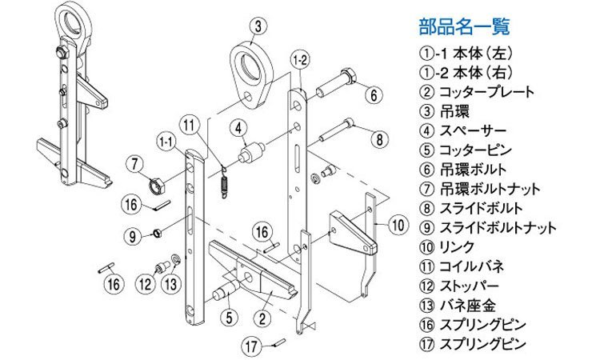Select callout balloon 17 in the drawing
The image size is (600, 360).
(x=254, y=346)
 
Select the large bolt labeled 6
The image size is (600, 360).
(x=336, y=82)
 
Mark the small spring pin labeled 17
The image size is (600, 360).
(x=278, y=344)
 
